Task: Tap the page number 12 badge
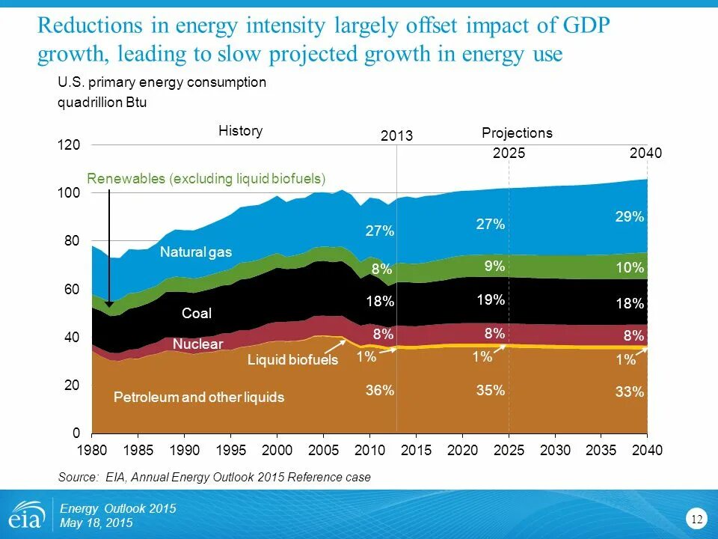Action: [x=697, y=519]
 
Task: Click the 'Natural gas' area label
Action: [x=196, y=252]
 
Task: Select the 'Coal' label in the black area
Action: [x=197, y=313]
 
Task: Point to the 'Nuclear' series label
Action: [x=197, y=344]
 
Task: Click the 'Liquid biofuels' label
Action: [x=292, y=360]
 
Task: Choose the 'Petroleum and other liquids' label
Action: [x=199, y=398]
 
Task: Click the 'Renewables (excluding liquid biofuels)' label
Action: [x=207, y=179]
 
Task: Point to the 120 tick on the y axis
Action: [x=70, y=145]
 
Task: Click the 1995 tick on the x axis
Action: [x=230, y=451]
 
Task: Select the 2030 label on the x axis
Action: [x=555, y=451]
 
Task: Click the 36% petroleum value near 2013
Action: [x=380, y=390]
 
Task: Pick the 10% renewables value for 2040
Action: [x=630, y=267]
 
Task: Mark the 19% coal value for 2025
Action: [x=491, y=300]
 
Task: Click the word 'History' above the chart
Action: [x=240, y=131]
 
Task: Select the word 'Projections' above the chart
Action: [x=517, y=133]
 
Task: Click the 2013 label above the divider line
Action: [x=396, y=136]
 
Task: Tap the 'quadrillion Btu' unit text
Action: [x=102, y=103]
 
